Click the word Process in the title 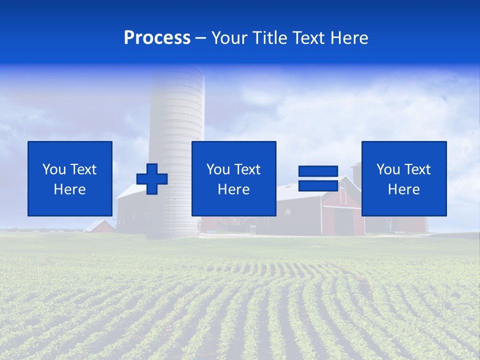(x=157, y=38)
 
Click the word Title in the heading (x=269, y=38)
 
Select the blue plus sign (x=152, y=179)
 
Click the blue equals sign (x=318, y=178)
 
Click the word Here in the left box (x=69, y=189)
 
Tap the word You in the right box (x=388, y=169)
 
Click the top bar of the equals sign (x=318, y=171)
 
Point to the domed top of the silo (x=177, y=70)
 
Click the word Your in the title (x=230, y=38)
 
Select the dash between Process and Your (x=201, y=38)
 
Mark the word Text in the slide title (x=306, y=38)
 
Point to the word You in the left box (x=54, y=169)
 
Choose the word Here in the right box (x=403, y=189)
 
